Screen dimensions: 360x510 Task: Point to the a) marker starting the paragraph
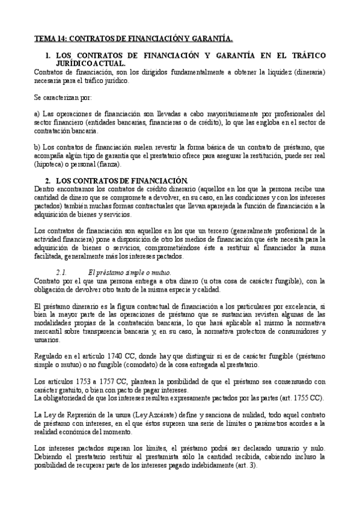pyautogui.click(x=37, y=113)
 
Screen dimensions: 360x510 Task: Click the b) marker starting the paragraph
pyautogui.click(x=37, y=147)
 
